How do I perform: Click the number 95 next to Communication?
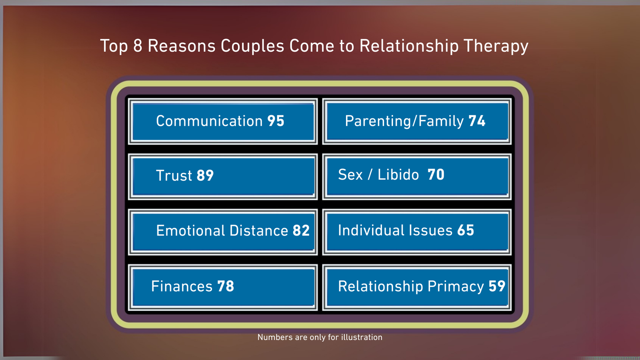(x=276, y=121)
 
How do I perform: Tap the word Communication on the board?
(x=209, y=121)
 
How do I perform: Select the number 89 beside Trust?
(x=205, y=176)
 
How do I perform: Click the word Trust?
(x=174, y=176)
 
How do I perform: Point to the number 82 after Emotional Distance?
(x=301, y=231)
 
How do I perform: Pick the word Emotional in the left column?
(x=190, y=231)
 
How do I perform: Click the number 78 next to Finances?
(x=225, y=286)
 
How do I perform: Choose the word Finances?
(x=182, y=286)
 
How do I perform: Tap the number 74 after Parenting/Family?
(x=477, y=121)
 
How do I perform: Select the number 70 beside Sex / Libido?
(x=436, y=174)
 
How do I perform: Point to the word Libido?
(x=398, y=175)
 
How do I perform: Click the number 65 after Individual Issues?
(x=465, y=230)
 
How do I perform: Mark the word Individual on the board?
(x=371, y=230)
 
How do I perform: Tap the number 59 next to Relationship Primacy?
(x=497, y=286)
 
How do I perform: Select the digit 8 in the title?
(x=137, y=46)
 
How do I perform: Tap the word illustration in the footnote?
(x=361, y=337)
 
